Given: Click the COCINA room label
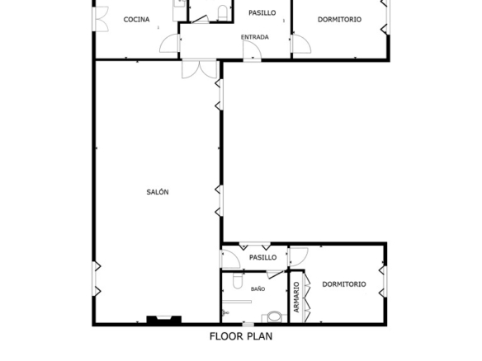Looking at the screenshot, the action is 136,19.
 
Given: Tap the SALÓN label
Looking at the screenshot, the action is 158,192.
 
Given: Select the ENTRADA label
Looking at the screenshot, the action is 255,37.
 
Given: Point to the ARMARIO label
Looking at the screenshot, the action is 296,298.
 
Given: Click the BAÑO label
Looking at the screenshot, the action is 258,288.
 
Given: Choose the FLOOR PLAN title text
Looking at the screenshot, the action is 241,336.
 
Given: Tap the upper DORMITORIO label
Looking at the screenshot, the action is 339,19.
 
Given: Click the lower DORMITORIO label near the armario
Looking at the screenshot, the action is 344,284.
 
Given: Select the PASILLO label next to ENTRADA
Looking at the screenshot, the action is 262,13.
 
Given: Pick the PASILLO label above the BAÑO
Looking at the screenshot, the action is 262,257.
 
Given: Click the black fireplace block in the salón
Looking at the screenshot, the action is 164,320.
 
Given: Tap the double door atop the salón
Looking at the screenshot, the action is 200,69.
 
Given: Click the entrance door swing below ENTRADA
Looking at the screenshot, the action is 253,50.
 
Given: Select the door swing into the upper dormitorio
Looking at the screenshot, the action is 301,45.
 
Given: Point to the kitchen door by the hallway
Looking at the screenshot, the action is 170,44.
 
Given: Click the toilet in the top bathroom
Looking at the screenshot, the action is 222,12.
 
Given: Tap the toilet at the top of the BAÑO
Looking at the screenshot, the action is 238,280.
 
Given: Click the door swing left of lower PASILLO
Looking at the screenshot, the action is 230,260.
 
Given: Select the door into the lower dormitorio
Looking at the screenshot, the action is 299,257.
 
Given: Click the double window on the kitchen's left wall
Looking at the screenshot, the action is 101,19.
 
